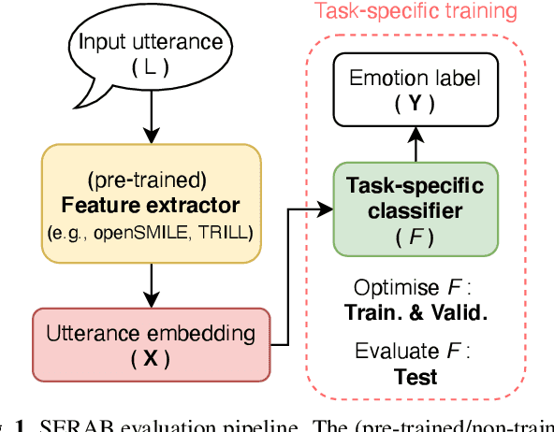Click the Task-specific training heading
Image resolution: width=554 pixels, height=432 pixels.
pos(415,11)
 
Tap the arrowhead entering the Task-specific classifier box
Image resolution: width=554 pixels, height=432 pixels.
pos(328,210)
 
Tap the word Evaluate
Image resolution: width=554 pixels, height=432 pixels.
pos(395,352)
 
